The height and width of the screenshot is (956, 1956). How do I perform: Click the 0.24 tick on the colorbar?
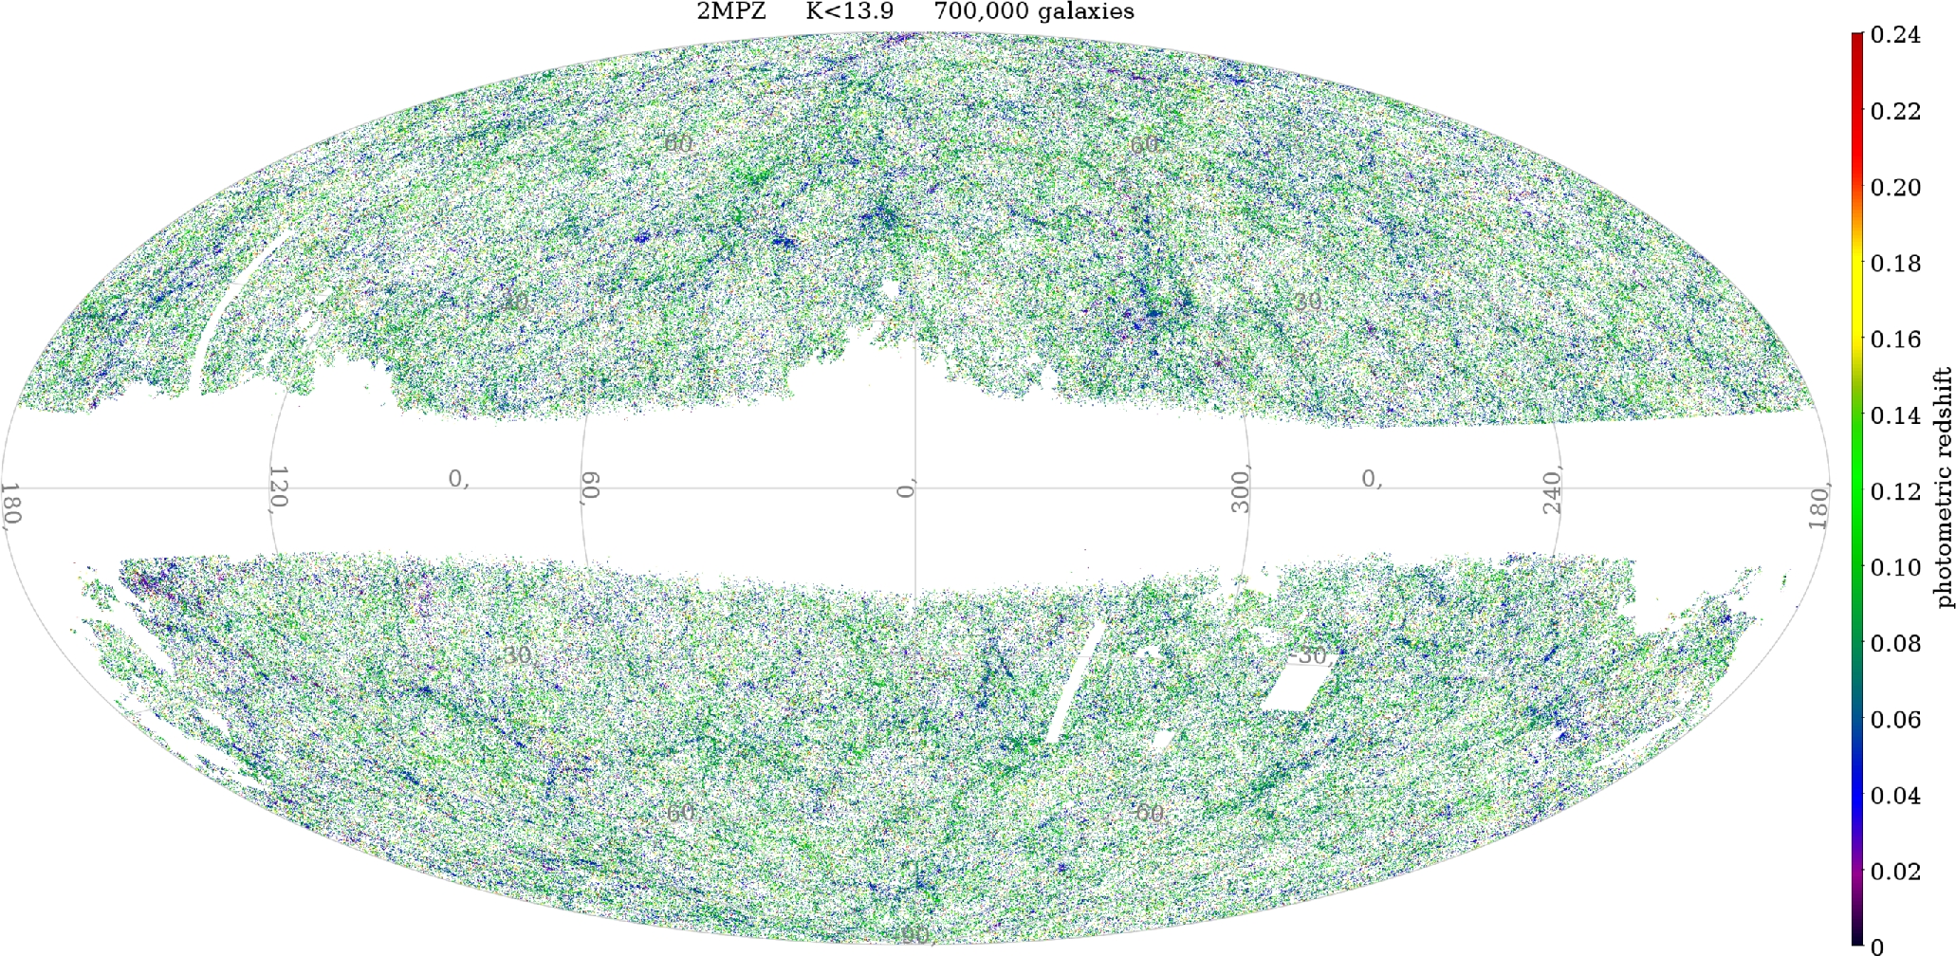(x=1894, y=35)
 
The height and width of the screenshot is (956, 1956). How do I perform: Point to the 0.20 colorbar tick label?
(x=1894, y=187)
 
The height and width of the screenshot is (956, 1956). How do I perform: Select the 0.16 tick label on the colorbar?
(x=1894, y=340)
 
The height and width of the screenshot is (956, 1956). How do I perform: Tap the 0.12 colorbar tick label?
(x=1894, y=491)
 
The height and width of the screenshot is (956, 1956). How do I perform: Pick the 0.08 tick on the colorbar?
(x=1894, y=643)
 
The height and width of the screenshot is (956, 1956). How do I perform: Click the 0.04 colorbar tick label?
(x=1894, y=795)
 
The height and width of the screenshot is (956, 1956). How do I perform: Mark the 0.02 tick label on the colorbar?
(x=1894, y=871)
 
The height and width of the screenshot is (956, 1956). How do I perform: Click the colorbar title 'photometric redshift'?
(x=1945, y=488)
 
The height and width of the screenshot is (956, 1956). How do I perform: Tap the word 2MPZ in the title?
(x=730, y=11)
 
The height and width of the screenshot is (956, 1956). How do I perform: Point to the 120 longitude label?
(x=277, y=487)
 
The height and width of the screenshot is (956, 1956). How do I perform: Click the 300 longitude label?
(x=1240, y=489)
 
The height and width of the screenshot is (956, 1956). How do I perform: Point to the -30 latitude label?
(x=1307, y=655)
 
